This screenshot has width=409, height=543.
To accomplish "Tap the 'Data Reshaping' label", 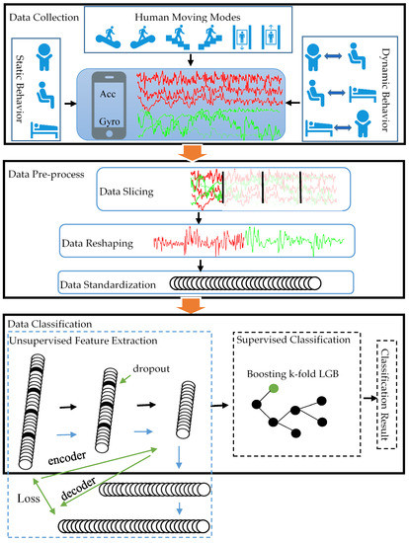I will pyautogui.click(x=105, y=239).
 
